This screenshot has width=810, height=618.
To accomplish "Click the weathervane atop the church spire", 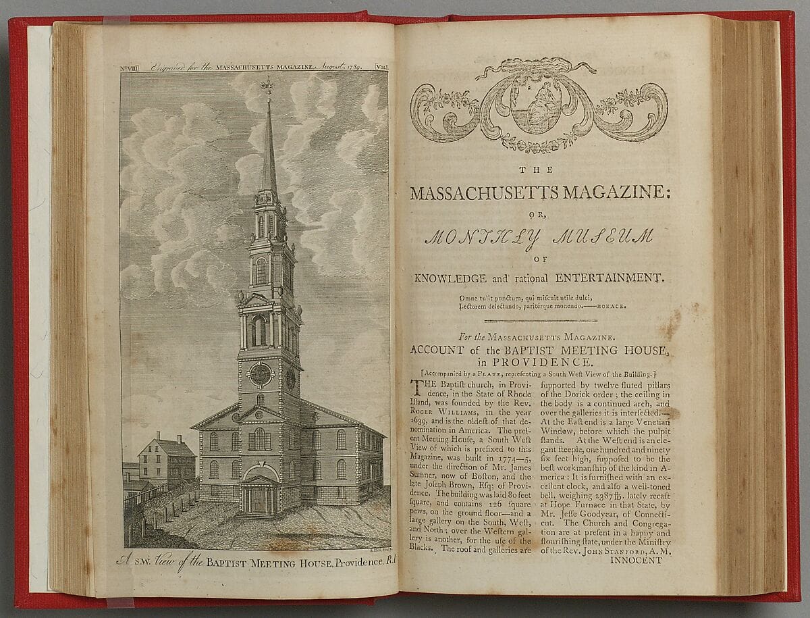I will pos(268,85).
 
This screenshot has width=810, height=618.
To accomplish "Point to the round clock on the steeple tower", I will pos(261,374).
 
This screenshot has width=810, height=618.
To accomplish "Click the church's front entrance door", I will pos(260,498).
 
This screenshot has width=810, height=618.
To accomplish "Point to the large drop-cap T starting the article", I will pos(417,387).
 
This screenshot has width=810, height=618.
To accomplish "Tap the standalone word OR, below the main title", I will pos(539,217).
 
